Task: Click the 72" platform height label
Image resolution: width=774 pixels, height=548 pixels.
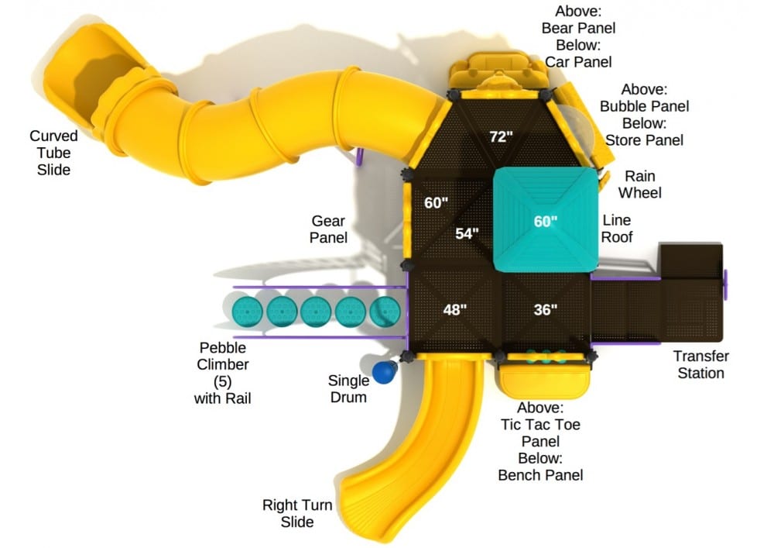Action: [x=502, y=136]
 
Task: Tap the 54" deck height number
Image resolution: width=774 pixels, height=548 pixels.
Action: [x=467, y=233]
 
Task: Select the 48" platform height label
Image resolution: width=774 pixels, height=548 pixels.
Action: [x=455, y=310]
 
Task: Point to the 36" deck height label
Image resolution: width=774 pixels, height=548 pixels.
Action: [x=546, y=310]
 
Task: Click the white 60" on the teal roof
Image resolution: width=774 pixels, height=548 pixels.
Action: [x=546, y=222]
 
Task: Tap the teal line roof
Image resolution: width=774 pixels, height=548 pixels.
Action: [x=546, y=194]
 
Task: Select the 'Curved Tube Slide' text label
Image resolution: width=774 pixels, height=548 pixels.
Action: [x=53, y=153]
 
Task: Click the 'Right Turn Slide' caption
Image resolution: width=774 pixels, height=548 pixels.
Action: [x=297, y=513]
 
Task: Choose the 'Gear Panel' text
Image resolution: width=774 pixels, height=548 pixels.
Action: [x=328, y=229]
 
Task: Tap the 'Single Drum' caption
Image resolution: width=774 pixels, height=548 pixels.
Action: [x=348, y=388]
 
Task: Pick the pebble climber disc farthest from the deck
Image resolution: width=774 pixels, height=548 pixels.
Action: [x=248, y=312]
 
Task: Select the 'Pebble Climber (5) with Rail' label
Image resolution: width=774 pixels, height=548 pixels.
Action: [x=223, y=372]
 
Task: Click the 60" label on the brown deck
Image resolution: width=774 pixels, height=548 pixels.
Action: [x=437, y=203]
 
